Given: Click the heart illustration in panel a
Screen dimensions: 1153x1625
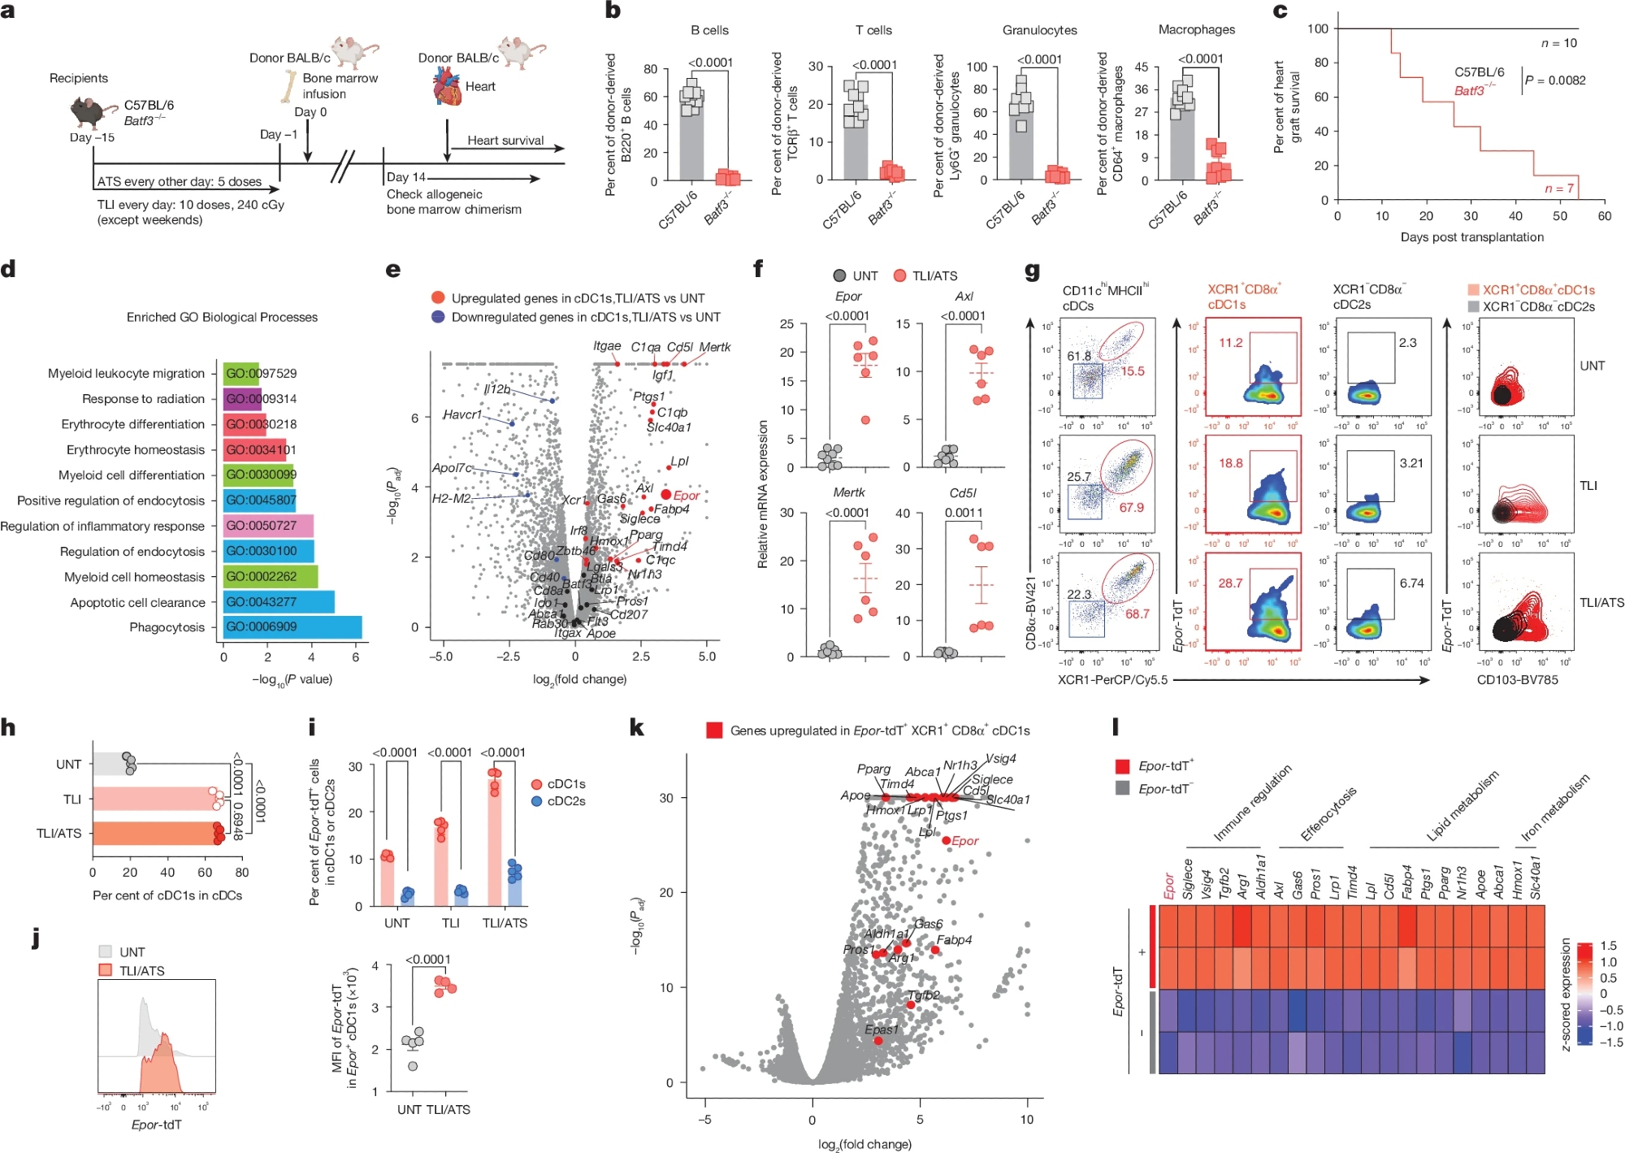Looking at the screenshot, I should [448, 86].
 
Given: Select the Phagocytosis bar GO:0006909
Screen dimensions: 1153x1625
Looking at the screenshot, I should [292, 627].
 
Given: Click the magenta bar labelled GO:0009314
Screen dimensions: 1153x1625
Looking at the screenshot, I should [242, 399].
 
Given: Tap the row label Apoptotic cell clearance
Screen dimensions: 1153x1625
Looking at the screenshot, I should [137, 602].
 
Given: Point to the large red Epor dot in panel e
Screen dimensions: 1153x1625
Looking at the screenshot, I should [666, 495].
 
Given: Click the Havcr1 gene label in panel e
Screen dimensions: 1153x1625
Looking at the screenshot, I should [462, 414].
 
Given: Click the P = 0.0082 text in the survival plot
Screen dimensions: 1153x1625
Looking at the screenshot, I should [1555, 80].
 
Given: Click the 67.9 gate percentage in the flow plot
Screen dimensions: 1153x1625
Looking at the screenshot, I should [1132, 508].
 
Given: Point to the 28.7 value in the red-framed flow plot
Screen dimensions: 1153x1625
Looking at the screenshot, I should [1230, 583].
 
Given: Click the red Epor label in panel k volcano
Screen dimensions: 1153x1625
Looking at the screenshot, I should [965, 841].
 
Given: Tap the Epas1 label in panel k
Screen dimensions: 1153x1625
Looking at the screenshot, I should [882, 1029].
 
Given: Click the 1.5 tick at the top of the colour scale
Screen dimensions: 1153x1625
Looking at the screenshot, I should [1608, 946].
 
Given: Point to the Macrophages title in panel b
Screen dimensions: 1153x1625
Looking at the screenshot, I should [1196, 30].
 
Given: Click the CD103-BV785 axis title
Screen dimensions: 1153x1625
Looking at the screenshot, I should [1517, 679].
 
